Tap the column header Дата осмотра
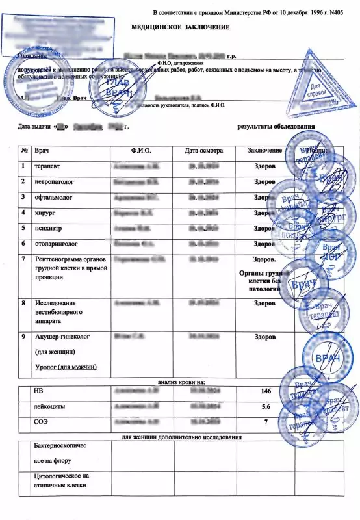pos(203,151)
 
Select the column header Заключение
pos(264,151)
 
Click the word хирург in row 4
pos(44,213)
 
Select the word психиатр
pos(47,228)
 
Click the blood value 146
pos(264,392)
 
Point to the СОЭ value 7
pos(264,421)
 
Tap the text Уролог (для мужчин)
pos(66,367)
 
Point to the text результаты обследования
pos(276,126)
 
